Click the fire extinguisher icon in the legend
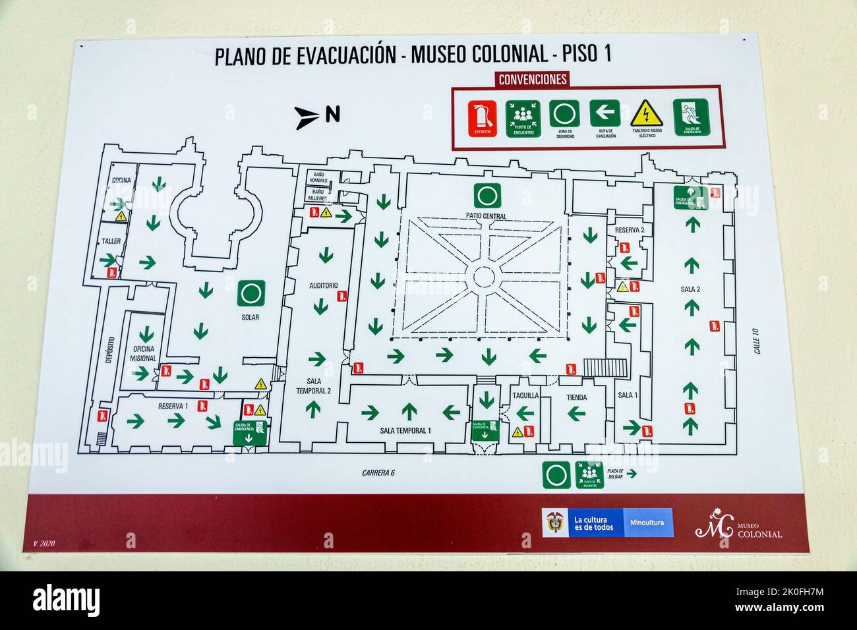click(x=483, y=118)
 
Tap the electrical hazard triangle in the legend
click(x=646, y=114)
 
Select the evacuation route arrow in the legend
click(x=605, y=113)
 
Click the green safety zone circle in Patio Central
click(x=487, y=196)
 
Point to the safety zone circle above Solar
click(x=251, y=293)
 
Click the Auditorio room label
click(x=323, y=286)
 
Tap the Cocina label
click(x=121, y=180)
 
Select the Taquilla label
click(x=525, y=396)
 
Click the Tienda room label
click(x=576, y=397)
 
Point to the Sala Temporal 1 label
click(x=405, y=431)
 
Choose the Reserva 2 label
click(x=629, y=230)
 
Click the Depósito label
click(x=110, y=349)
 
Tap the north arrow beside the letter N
click(x=307, y=115)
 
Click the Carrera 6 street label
click(x=378, y=472)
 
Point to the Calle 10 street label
click(x=756, y=341)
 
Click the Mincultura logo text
click(x=647, y=523)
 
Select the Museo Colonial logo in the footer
click(x=738, y=525)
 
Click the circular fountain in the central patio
click(x=484, y=277)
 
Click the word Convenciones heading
click(x=533, y=80)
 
